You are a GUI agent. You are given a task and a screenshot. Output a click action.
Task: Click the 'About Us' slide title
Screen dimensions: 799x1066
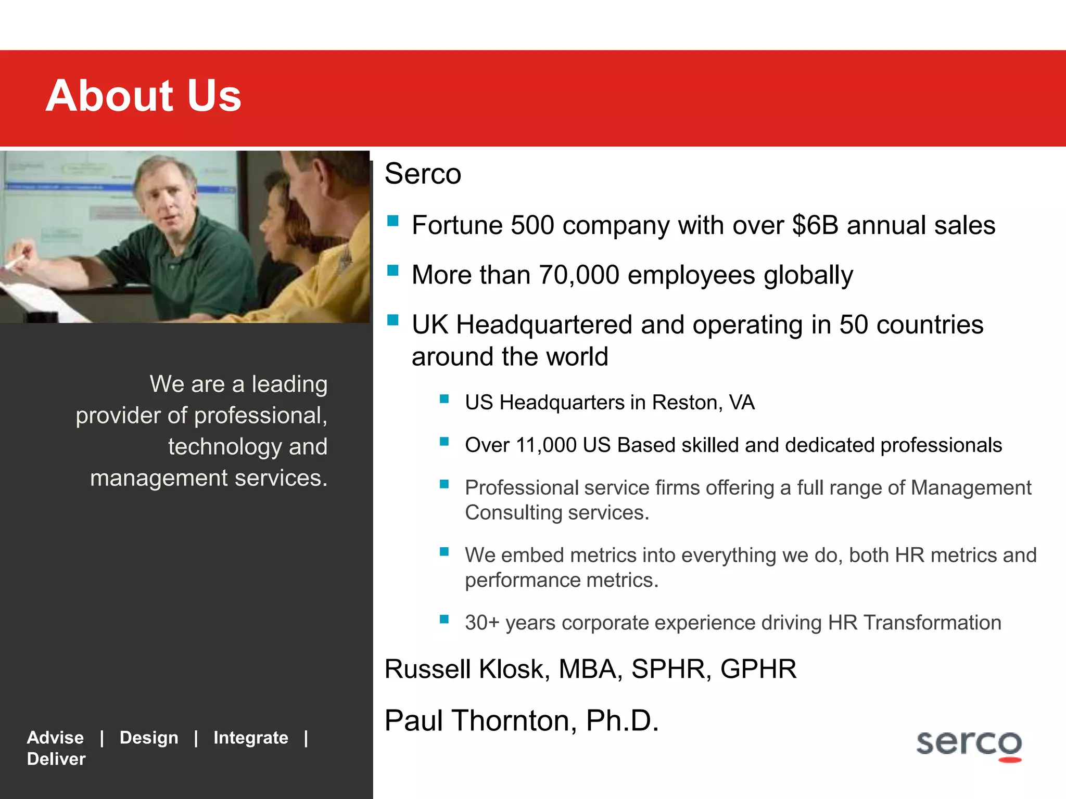coord(144,96)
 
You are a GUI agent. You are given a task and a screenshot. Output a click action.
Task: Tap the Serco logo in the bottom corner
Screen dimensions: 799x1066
coord(969,745)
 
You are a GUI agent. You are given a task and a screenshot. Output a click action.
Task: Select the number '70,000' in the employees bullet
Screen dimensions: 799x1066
coord(579,275)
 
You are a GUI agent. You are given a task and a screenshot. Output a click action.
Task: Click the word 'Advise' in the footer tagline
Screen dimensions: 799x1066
coord(55,738)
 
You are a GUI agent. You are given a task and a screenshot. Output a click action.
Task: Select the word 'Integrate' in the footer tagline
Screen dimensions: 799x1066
coord(250,738)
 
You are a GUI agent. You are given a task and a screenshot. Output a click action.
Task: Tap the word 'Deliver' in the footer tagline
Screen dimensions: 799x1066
coord(56,759)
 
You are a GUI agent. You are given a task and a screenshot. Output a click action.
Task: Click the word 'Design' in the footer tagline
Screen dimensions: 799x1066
coord(149,738)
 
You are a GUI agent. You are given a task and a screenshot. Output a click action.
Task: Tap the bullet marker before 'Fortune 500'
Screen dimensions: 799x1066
coord(393,222)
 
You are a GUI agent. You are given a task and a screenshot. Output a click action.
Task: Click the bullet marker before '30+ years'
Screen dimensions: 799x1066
coord(444,619)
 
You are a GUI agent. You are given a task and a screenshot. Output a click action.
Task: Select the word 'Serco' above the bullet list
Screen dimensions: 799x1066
coord(423,174)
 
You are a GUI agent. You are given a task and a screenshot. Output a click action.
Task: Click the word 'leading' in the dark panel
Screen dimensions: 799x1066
coord(289,385)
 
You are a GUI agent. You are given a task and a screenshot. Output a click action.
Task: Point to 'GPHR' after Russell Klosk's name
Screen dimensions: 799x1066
coord(758,669)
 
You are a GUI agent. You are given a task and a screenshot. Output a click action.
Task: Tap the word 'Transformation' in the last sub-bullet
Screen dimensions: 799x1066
coord(932,623)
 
